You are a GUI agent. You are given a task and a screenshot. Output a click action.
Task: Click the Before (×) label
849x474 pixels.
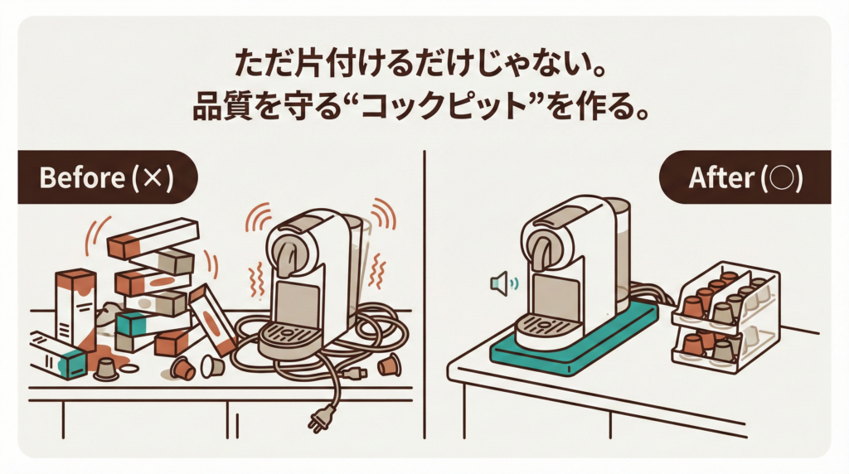click(107, 177)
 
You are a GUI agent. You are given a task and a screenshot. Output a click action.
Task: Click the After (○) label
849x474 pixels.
click(745, 177)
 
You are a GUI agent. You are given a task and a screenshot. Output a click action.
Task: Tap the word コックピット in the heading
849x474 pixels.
click(444, 107)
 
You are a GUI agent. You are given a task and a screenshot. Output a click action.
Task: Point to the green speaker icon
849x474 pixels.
click(503, 283)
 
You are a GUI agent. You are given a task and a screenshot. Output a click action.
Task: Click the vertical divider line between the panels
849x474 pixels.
click(424, 294)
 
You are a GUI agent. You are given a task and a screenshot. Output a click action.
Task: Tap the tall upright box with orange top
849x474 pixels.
click(76, 308)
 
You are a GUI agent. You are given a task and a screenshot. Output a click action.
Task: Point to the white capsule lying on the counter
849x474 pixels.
click(212, 366)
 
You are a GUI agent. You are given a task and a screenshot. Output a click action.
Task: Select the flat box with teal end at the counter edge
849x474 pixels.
click(58, 355)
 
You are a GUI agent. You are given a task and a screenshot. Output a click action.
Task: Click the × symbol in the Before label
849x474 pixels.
click(153, 178)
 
